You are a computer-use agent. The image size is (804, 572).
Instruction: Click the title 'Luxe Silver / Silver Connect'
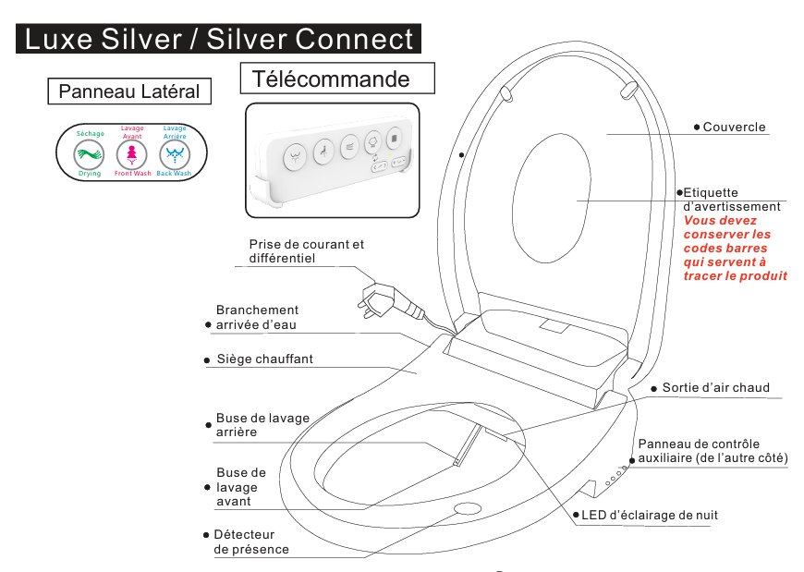coord(219,39)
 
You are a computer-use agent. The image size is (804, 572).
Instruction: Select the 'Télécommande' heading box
coord(336,79)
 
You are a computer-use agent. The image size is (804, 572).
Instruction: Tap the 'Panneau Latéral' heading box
coord(128,91)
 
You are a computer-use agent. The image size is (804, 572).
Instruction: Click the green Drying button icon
coord(90,153)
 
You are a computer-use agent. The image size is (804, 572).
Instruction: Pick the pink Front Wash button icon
coord(132,153)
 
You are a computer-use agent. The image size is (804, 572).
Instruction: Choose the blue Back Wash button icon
coord(174,153)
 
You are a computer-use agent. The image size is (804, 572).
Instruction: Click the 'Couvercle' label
coord(734,127)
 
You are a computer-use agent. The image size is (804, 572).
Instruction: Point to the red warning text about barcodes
coord(735,249)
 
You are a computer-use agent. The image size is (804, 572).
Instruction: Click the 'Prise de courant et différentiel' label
coord(306,251)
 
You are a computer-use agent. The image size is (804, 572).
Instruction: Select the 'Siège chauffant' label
coord(264,359)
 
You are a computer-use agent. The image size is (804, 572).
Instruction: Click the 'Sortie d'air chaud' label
coord(715,387)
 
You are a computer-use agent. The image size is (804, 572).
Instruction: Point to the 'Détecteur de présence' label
coord(250,542)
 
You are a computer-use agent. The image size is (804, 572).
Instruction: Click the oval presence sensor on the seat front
coord(469,508)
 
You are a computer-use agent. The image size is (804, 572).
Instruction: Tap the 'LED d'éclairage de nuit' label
coord(649,515)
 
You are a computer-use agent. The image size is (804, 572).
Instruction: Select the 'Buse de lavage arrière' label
coord(262,425)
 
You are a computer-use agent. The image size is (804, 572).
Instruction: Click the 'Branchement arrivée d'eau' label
coord(257,317)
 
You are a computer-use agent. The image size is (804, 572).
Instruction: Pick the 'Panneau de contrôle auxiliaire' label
coord(712,451)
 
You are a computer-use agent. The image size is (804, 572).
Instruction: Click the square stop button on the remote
coord(395,140)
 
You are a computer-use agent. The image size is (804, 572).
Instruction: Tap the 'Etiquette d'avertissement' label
coord(731,200)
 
